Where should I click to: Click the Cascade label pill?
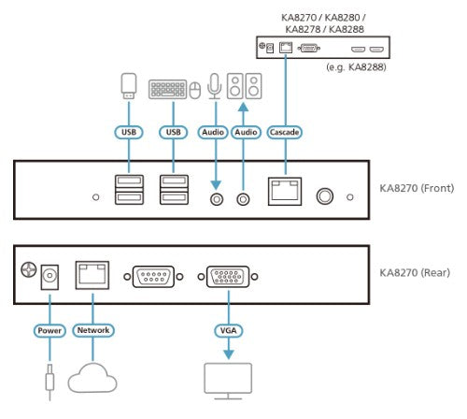[x=285, y=133]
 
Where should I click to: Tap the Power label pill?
[x=50, y=330]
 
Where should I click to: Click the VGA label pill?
[x=225, y=330]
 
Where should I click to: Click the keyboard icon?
[x=168, y=90]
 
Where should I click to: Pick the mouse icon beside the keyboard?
[x=195, y=91]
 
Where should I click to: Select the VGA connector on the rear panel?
[x=225, y=277]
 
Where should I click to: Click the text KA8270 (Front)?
[x=417, y=188]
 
